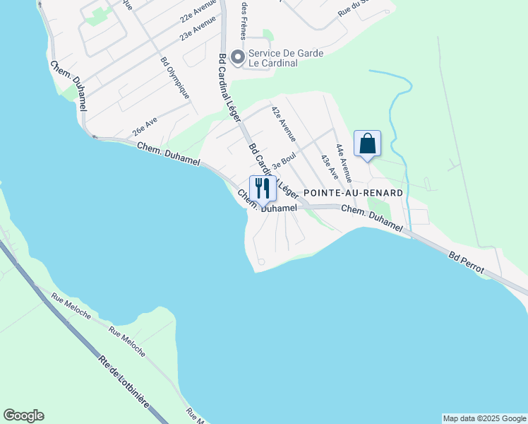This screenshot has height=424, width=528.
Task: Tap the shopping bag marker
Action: tap(367, 144)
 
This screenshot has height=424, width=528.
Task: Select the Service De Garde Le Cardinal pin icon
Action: tap(239, 56)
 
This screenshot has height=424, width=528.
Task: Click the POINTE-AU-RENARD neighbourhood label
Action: tap(353, 193)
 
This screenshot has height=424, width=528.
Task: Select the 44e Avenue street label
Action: tap(344, 160)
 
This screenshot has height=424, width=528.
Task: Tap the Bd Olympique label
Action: tap(174, 77)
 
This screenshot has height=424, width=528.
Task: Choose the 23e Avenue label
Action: tap(198, 30)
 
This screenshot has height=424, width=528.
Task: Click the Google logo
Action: tap(23, 416)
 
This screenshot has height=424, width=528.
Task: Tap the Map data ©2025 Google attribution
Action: tap(484, 418)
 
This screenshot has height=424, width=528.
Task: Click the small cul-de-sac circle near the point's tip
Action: tap(261, 262)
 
